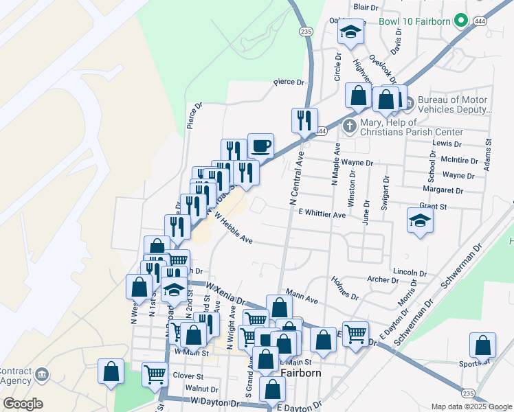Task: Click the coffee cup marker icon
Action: click(260, 146)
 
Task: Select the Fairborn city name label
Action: click(300, 372)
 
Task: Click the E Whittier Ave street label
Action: click(322, 214)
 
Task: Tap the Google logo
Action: click(23, 404)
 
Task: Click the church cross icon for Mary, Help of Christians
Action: click(350, 126)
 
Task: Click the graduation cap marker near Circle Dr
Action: click(351, 33)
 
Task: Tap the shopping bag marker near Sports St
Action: click(483, 345)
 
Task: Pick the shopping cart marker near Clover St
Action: click(155, 375)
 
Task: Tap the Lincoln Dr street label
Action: click(411, 272)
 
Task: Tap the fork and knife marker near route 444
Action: click(304, 120)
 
